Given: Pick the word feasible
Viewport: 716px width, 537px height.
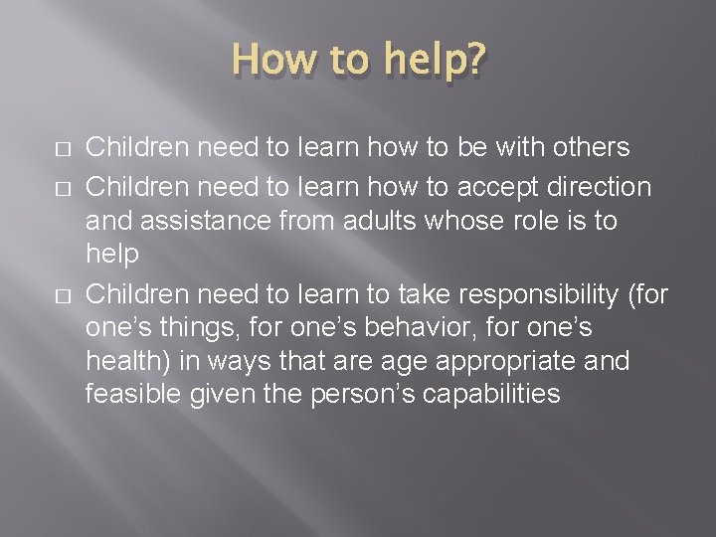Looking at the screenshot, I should [130, 395].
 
